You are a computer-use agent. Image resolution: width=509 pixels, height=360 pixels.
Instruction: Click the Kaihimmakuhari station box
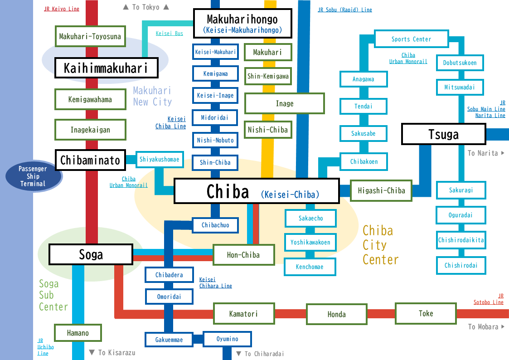coord(106,68)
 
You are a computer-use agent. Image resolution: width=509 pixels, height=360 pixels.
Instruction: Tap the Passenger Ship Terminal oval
coord(33,176)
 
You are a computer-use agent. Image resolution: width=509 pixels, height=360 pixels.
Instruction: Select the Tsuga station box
coord(443,134)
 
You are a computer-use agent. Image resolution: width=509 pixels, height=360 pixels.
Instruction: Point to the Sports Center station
coord(411,39)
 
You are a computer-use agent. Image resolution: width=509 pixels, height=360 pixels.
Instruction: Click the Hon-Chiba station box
coord(243,255)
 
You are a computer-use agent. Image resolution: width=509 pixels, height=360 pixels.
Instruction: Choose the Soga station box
coord(91,254)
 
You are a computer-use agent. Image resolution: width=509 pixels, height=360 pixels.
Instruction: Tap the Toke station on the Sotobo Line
coord(426,313)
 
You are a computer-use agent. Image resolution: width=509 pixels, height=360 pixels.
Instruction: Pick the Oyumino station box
coord(227,339)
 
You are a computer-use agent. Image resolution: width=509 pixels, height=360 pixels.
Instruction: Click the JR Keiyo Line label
coord(62,9)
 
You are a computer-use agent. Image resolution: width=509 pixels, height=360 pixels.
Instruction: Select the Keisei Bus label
coord(170,33)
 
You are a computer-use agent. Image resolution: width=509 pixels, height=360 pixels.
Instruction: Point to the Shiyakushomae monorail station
coord(159,159)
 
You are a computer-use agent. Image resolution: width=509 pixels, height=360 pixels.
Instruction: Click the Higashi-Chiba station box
coord(381,190)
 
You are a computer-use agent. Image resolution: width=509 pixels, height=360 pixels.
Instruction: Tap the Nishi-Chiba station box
coord(267,130)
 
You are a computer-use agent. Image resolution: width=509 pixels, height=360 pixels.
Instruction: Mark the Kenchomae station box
coord(310,267)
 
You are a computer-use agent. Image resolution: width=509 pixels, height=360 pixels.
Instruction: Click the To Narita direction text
coord(485,153)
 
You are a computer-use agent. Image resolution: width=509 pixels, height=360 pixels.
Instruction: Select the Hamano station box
coord(78,333)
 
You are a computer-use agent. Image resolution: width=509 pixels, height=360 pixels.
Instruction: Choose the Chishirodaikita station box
coord(461,240)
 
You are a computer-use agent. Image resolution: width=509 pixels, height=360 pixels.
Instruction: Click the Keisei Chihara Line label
coord(216,283)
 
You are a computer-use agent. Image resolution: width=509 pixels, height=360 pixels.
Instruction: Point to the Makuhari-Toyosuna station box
coord(90,36)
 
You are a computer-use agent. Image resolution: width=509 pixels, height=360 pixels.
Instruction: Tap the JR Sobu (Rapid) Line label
coord(345,10)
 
